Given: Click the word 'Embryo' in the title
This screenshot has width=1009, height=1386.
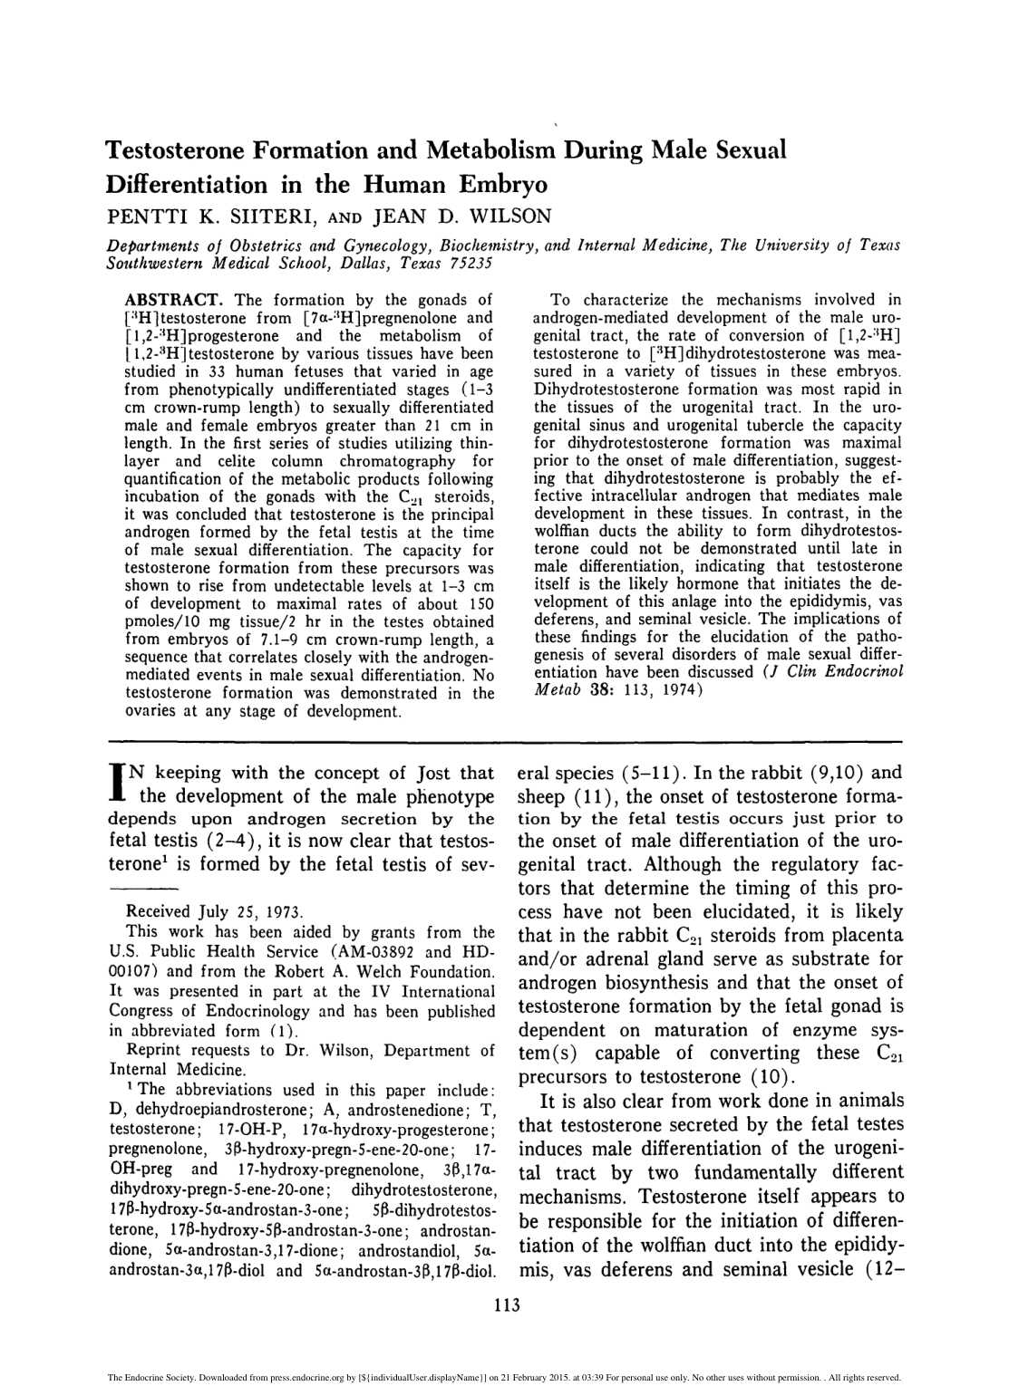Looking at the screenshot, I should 496,185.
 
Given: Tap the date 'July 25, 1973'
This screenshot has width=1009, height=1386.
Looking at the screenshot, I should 239,911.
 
